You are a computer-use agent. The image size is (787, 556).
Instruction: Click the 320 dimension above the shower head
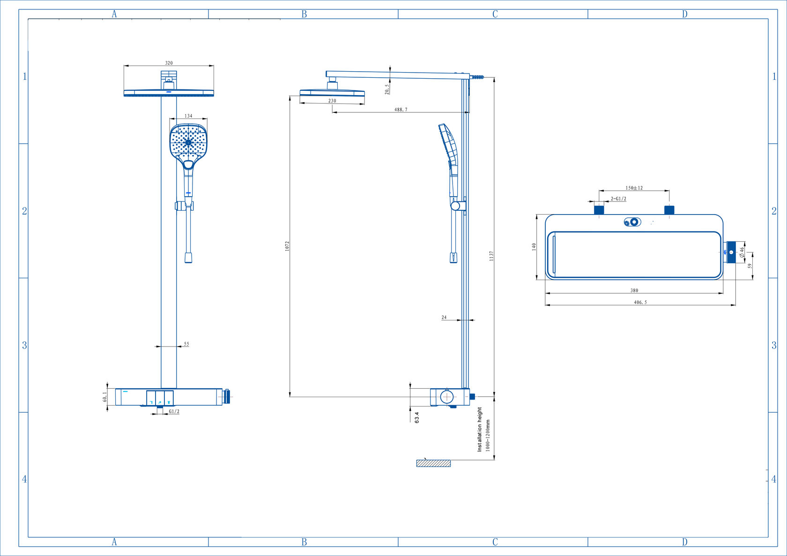click(169, 63)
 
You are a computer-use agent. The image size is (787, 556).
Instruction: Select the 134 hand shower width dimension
click(188, 116)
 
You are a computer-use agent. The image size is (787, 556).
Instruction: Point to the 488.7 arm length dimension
click(401, 110)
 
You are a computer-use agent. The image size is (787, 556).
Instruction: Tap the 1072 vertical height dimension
click(287, 246)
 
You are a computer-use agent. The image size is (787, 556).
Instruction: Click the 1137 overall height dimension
click(491, 256)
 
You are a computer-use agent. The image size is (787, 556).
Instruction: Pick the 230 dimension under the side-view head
click(332, 101)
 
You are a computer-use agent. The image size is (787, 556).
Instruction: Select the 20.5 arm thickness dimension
click(387, 89)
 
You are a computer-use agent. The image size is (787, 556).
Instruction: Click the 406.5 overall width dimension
click(640, 302)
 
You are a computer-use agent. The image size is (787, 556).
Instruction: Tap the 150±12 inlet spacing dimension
click(634, 188)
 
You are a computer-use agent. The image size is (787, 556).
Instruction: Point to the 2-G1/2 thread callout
click(618, 199)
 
